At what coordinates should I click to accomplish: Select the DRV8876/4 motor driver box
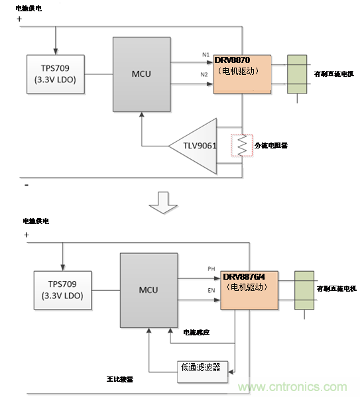coord(249,292)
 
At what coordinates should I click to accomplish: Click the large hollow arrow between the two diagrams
coord(162,202)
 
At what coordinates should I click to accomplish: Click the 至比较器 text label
coord(121,379)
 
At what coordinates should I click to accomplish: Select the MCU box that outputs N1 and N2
coord(141,74)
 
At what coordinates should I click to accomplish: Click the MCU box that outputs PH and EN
coord(149,290)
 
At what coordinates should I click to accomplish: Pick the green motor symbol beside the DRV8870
coord(296,75)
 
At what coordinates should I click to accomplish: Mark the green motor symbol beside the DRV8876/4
coord(304,290)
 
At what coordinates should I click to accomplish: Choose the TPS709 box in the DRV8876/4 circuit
coord(63,290)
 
